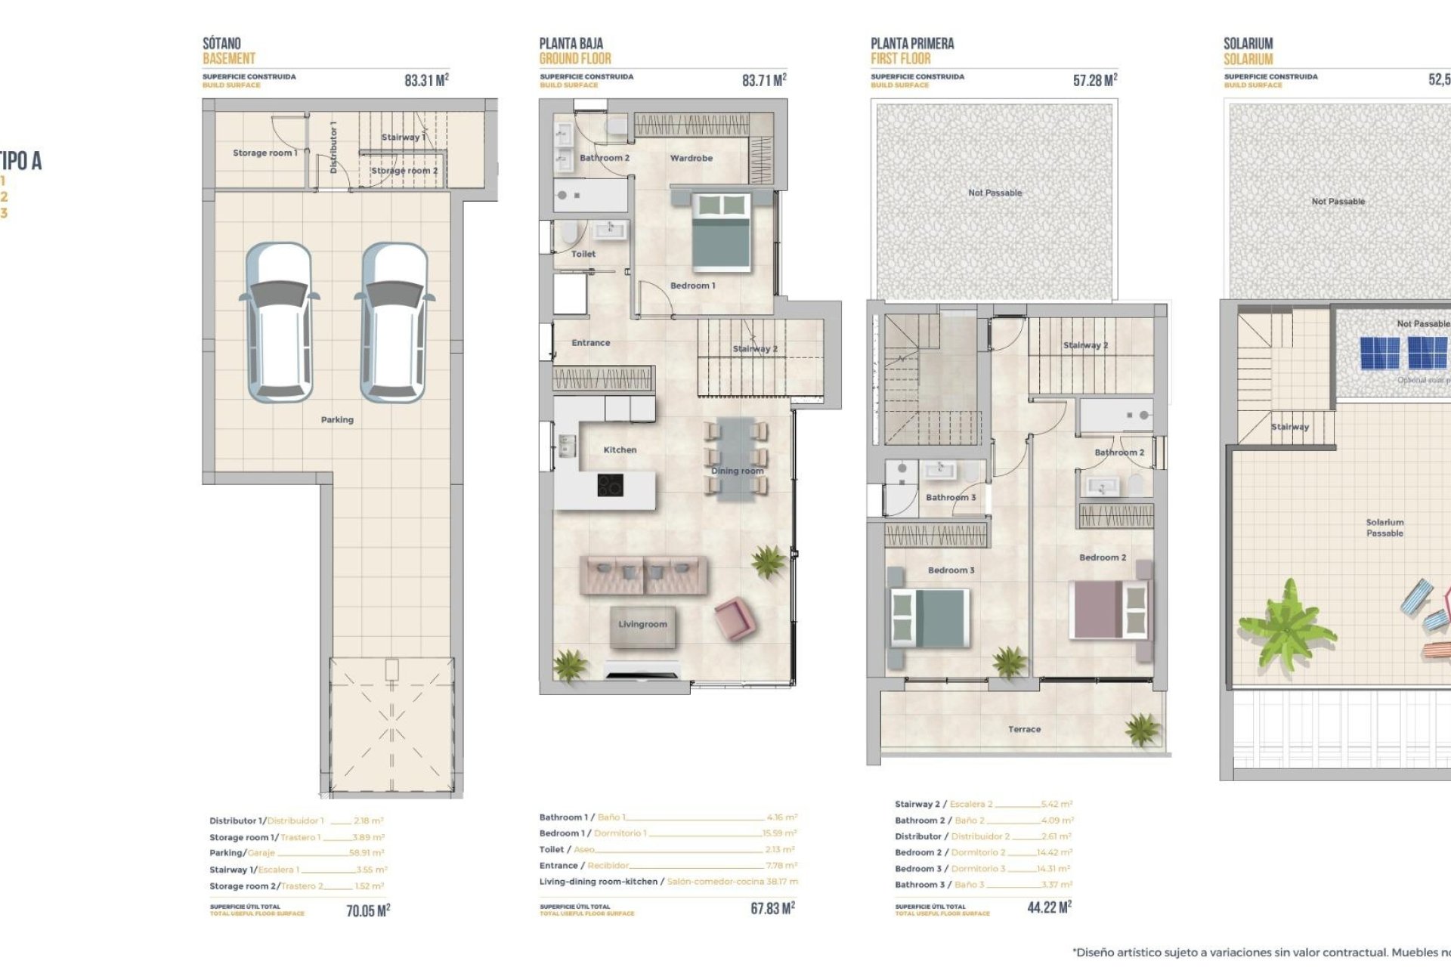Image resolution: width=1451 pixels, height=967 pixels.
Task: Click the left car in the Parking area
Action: click(280, 323)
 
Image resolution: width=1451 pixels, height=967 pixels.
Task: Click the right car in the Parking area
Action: click(394, 323)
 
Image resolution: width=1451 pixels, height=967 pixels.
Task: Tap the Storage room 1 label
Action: click(265, 153)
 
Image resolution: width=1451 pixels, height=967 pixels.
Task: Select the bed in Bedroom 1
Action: click(721, 232)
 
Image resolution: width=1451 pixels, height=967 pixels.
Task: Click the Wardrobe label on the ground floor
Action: click(691, 159)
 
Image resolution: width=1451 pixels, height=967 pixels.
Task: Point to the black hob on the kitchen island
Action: click(610, 485)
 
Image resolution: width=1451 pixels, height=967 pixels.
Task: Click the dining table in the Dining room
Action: click(736, 459)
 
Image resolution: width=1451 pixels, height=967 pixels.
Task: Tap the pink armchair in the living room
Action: click(733, 617)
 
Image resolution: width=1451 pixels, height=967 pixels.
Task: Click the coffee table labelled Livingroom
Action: click(642, 626)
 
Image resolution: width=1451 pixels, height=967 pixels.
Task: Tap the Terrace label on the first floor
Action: click(1024, 730)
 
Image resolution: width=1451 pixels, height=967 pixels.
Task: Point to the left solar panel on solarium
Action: click(1379, 353)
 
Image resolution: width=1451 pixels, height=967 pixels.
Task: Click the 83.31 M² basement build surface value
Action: click(426, 80)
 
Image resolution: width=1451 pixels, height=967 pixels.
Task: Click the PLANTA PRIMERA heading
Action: click(912, 44)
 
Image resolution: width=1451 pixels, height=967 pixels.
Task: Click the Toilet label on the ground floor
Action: click(583, 255)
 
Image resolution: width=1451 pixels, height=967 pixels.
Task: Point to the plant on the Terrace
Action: click(1141, 730)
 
